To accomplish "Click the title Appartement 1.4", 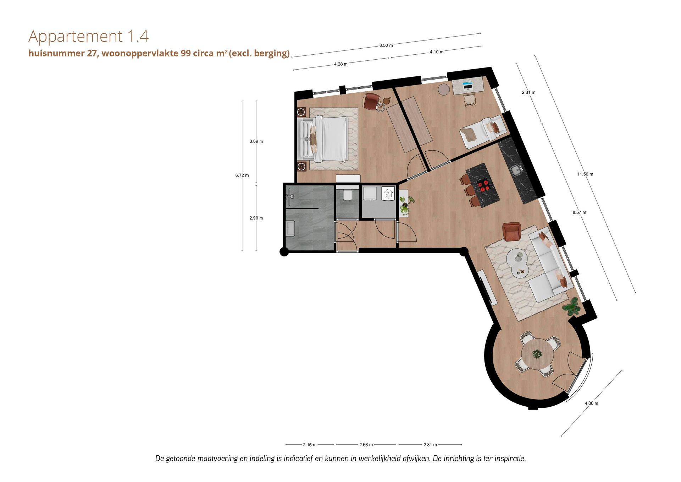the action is click(x=88, y=36).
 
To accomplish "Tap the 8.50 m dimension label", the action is click(x=386, y=45).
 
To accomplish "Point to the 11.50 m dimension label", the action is click(x=585, y=174).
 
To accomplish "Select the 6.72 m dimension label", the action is click(x=242, y=175).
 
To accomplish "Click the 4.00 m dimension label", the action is click(x=591, y=403).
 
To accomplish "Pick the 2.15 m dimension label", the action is click(x=310, y=445).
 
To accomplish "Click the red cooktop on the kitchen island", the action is click(x=483, y=184).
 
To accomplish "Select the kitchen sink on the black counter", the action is click(x=516, y=170).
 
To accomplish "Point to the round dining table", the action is click(x=537, y=354).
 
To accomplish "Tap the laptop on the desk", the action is click(x=467, y=85).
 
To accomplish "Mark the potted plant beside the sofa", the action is click(x=572, y=306).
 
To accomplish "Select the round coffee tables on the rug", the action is click(x=518, y=262).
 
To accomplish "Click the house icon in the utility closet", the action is click(x=388, y=194).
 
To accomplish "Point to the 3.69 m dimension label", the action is click(x=256, y=141).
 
